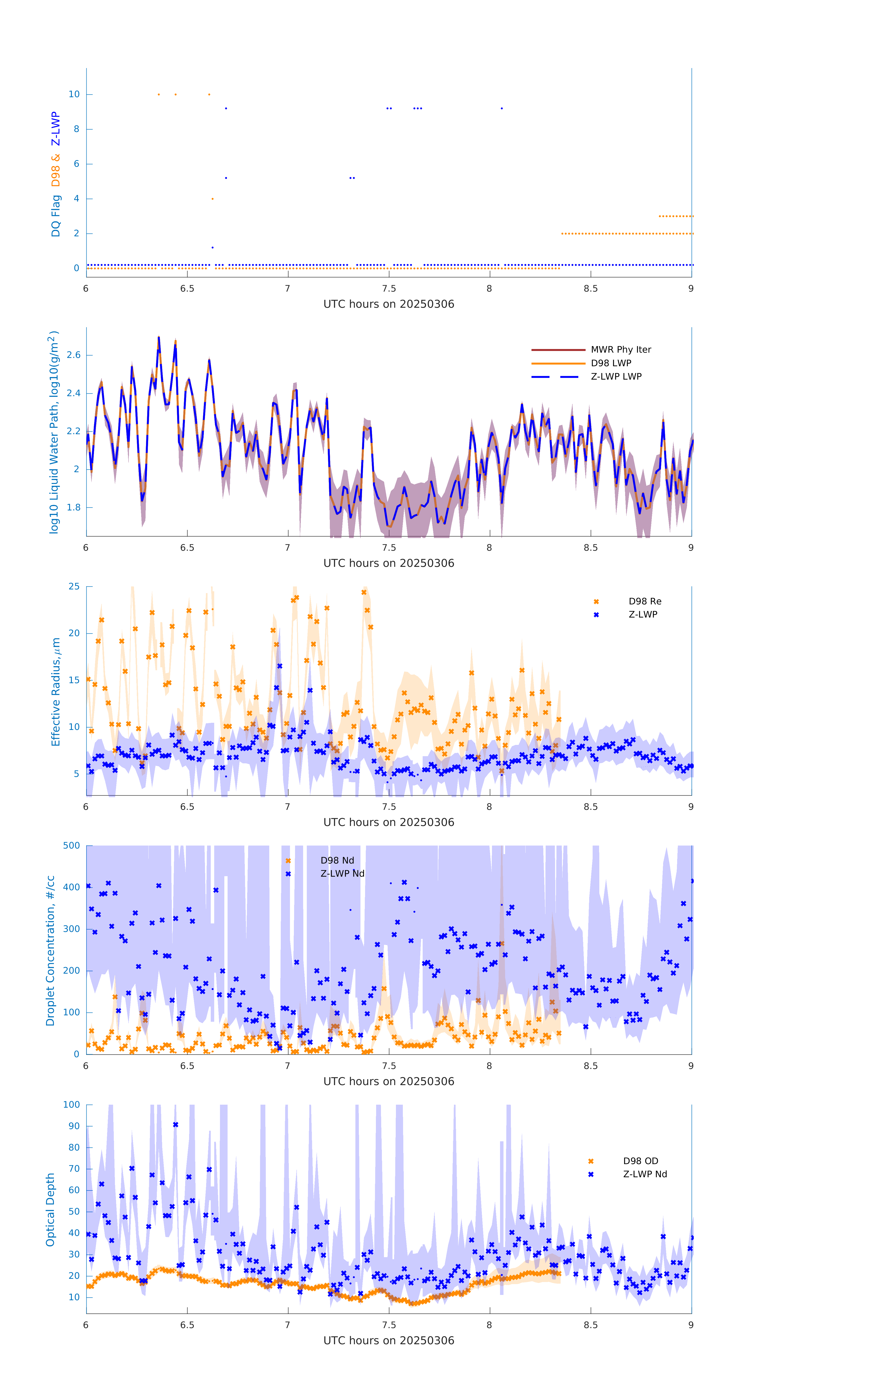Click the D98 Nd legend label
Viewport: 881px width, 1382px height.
click(x=337, y=860)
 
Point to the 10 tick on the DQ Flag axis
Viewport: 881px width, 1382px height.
click(x=74, y=94)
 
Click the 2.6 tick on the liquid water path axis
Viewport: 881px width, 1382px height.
click(x=73, y=355)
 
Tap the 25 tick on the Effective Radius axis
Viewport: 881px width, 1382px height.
click(x=74, y=586)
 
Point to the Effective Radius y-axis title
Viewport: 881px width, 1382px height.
click(x=56, y=691)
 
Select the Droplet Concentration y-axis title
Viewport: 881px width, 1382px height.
click(x=50, y=950)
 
